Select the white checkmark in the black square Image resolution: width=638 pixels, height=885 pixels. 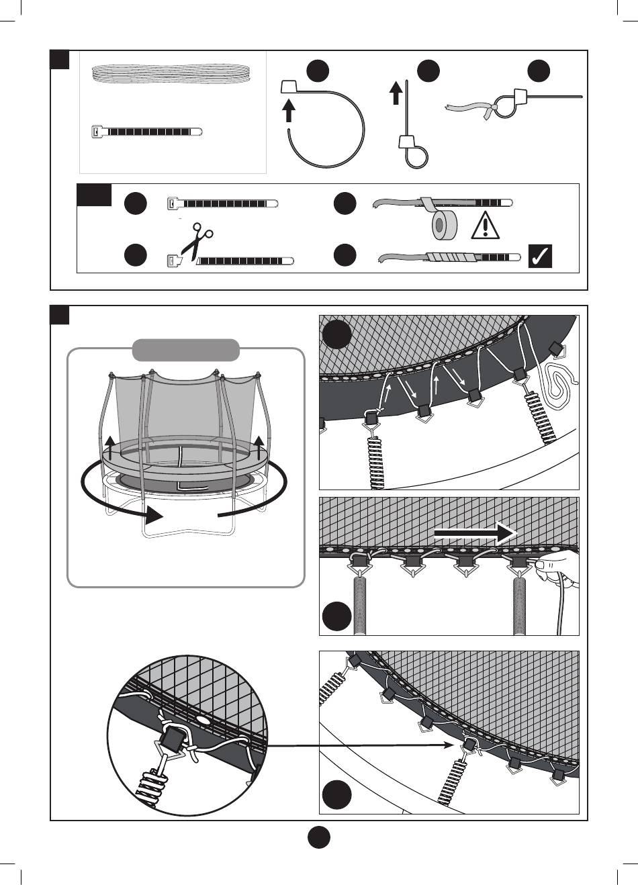coord(541,256)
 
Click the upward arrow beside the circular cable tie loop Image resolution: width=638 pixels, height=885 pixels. coord(289,109)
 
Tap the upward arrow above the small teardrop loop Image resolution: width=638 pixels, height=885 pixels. coord(396,93)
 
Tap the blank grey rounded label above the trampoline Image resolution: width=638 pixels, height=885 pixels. coord(186,350)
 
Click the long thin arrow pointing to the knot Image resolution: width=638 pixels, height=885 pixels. coord(363,745)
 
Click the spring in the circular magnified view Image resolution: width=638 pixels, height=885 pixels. coord(149,783)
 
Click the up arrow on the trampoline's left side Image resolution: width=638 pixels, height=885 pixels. coord(110,445)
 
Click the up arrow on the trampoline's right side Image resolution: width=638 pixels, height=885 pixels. coord(260,445)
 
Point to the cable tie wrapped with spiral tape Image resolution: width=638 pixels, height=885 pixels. coord(449,257)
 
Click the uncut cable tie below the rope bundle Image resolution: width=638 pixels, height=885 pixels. coord(146,132)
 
